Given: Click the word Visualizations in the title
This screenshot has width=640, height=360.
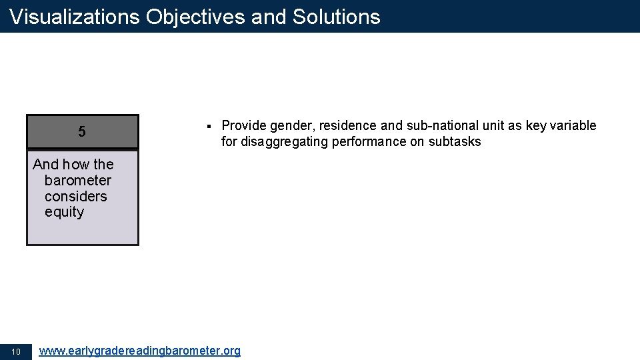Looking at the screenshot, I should coord(75,17).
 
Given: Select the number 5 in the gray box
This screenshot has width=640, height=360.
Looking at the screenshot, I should coord(82,132).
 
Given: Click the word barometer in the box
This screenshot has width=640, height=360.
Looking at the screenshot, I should coord(78,181).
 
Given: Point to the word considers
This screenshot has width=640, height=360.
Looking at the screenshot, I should coord(76,197).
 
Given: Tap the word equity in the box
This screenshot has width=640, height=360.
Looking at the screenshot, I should coord(65,213).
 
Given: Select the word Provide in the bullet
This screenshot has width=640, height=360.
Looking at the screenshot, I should coord(244,126).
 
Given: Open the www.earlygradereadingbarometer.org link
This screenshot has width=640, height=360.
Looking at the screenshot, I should coord(140,351).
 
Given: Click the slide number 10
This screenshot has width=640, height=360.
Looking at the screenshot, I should coord(17,352).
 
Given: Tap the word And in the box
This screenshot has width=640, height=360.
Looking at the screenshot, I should coord(46,165).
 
